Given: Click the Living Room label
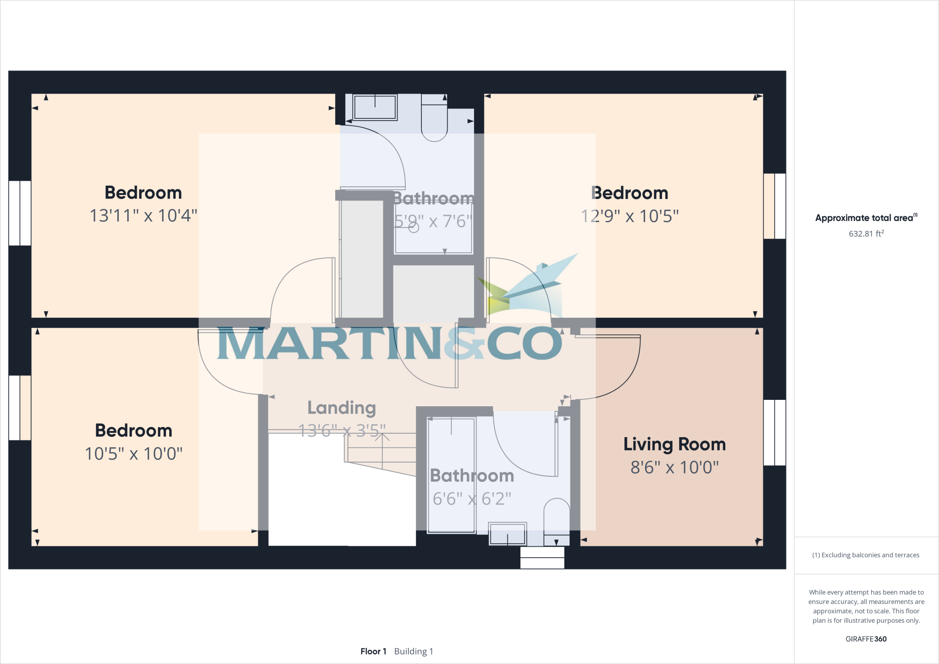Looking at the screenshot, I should (x=674, y=444).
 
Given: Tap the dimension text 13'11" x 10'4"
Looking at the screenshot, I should (x=143, y=216).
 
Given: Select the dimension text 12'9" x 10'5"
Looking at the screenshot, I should (x=630, y=216).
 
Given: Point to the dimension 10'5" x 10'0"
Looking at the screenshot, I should (x=133, y=454).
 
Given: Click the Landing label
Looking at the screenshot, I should (x=342, y=408).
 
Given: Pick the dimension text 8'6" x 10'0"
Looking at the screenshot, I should (x=674, y=468).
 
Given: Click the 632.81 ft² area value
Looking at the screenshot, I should (x=866, y=233).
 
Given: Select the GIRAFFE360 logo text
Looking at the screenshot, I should (x=866, y=639).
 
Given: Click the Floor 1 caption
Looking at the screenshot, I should (x=373, y=651).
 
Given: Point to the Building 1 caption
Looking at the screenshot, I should (x=414, y=651).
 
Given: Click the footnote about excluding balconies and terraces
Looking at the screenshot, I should (x=866, y=555).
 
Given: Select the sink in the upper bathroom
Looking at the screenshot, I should (x=375, y=107).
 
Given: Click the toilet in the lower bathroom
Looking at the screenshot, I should (x=557, y=522).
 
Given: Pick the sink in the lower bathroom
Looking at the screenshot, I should (x=508, y=534).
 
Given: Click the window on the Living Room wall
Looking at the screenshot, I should (x=774, y=432).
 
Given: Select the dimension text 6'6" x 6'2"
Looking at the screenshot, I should (x=472, y=499).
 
